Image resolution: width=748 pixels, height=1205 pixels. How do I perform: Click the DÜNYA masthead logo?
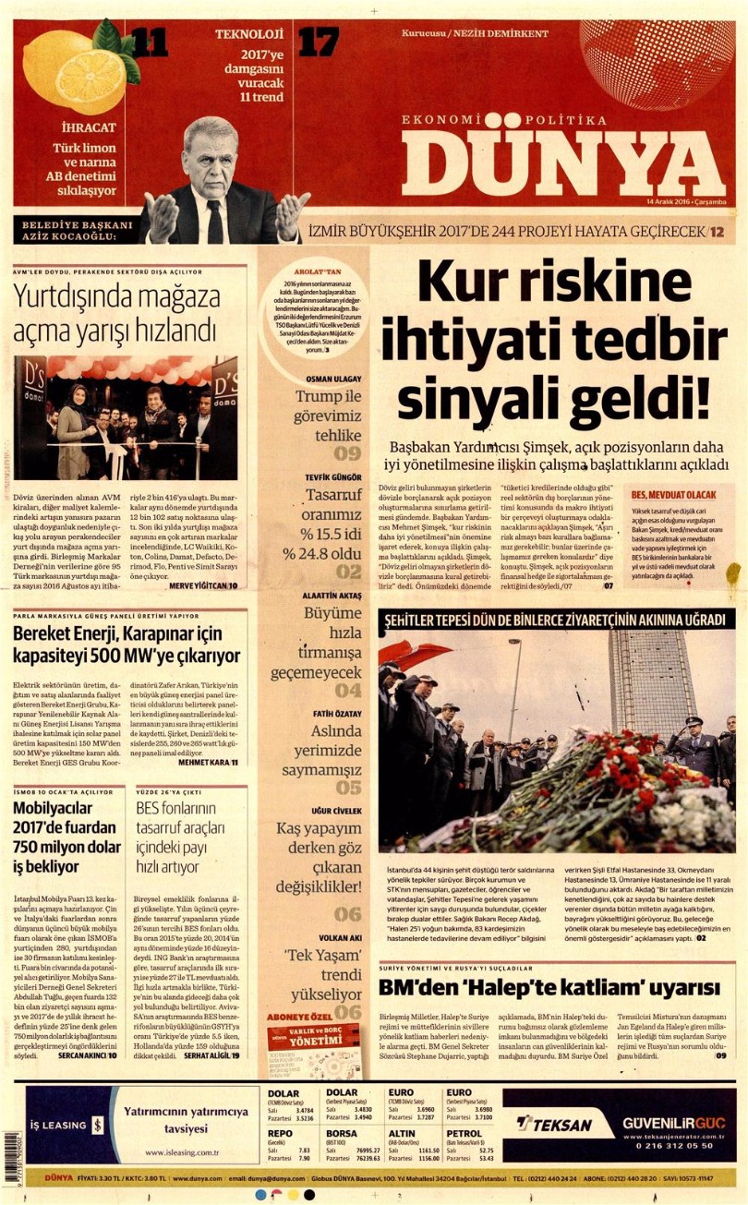point(562,162)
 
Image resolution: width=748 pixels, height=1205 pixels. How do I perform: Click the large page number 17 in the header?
point(319,42)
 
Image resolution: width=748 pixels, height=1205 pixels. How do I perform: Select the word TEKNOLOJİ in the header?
point(247,34)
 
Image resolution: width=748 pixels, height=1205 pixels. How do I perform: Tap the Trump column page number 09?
point(347,453)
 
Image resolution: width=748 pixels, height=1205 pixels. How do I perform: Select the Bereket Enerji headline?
point(127,645)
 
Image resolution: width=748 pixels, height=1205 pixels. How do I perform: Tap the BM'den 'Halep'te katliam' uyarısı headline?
point(548,988)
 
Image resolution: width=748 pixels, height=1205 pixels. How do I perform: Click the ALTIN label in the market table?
point(402,1132)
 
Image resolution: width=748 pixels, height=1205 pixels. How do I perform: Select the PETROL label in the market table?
point(463,1132)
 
